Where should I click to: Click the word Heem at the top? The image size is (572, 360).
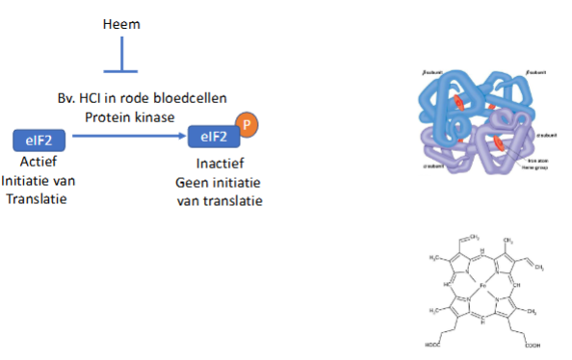point(122,22)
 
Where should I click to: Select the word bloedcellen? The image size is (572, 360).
point(209,98)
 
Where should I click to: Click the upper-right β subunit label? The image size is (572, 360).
point(537,73)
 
